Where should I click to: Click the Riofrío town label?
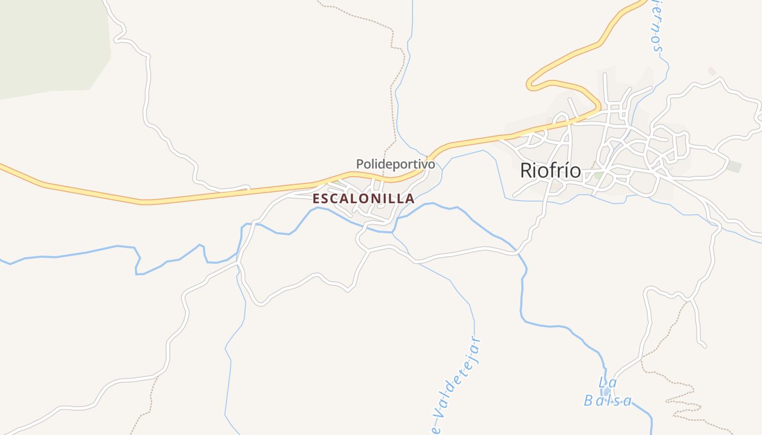[x=550, y=171]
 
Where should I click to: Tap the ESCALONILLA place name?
[x=364, y=199]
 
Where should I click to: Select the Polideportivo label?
[x=396, y=164]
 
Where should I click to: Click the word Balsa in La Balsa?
[x=608, y=401]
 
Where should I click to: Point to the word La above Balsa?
[x=607, y=382]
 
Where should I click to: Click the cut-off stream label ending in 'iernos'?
[x=656, y=27]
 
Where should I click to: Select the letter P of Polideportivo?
[x=360, y=164]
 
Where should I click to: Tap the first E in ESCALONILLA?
[x=316, y=199]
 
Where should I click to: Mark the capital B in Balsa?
[x=589, y=401]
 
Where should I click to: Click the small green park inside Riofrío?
[x=598, y=176]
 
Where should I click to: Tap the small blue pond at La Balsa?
[x=607, y=391]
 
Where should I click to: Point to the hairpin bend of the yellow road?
[x=530, y=85]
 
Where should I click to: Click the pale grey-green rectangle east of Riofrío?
[x=733, y=167]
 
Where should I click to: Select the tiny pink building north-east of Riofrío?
[x=712, y=71]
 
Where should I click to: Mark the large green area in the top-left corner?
[x=49, y=43]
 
